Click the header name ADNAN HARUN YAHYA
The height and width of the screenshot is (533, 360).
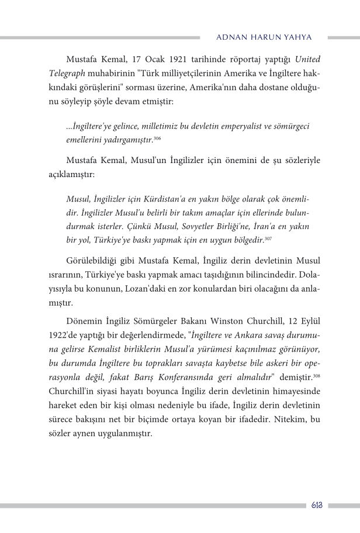(264, 37)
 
